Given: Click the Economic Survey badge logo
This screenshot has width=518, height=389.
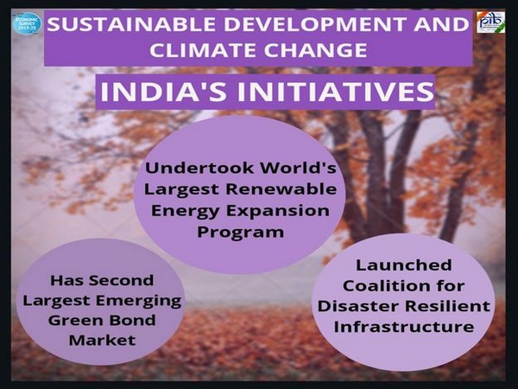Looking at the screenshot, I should (x=26, y=22).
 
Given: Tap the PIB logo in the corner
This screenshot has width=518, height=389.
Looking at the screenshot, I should (x=490, y=22).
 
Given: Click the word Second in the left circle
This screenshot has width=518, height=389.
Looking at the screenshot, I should (x=128, y=280).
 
